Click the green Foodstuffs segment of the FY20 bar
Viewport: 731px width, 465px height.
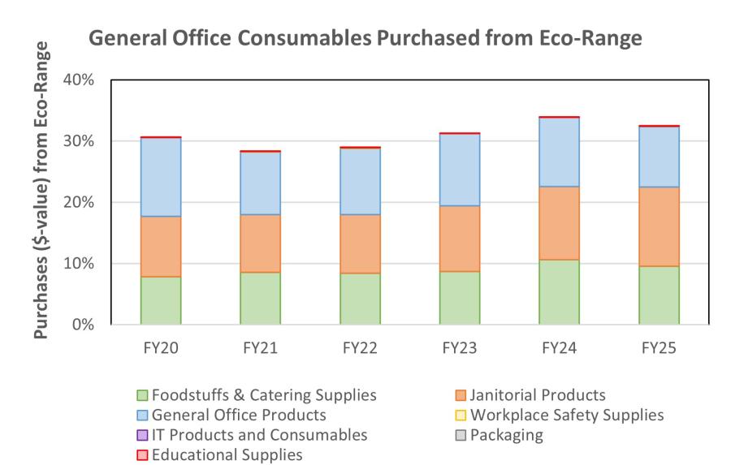161,300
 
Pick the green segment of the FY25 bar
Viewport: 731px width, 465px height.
659,295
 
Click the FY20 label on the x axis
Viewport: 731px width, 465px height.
161,348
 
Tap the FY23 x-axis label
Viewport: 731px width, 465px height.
460,348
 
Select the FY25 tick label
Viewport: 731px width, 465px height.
659,348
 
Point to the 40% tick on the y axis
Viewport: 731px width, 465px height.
79,80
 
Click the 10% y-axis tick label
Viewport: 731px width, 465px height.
79,264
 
